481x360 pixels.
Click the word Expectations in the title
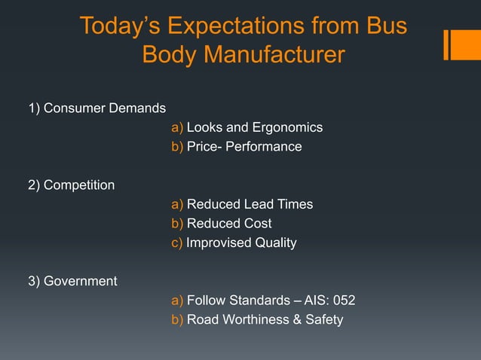(x=242, y=26)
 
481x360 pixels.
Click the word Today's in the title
(x=120, y=26)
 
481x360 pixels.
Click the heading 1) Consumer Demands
(x=97, y=108)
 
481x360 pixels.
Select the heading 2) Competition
(x=72, y=185)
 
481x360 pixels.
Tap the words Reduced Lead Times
(x=250, y=204)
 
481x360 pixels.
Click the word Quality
(x=274, y=243)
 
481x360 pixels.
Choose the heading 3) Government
(x=72, y=282)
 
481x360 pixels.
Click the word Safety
(x=324, y=319)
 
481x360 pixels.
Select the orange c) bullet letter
(x=177, y=243)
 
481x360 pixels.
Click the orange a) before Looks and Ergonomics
(x=177, y=127)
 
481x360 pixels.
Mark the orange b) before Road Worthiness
(x=177, y=319)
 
